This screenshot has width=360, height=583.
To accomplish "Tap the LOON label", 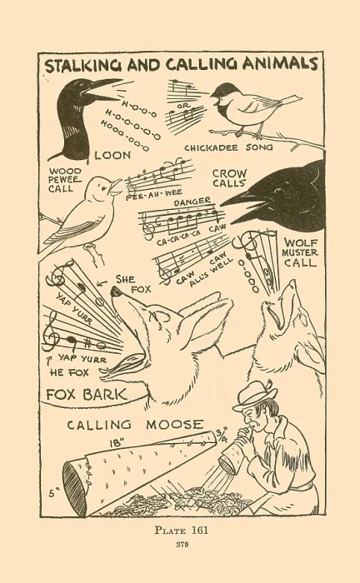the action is coord(112,155).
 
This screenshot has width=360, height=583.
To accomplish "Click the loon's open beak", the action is coord(102,90).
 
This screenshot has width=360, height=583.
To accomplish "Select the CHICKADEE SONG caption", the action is coord(228,147).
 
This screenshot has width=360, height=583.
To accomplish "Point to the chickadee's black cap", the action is coord(225,90).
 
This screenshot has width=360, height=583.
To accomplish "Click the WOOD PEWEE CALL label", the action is coord(66,180).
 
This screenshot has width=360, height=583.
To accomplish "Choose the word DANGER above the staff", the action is coord(192,202).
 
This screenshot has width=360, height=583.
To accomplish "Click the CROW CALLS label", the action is coord(229,178).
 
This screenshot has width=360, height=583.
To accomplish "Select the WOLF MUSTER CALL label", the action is coord(300,253).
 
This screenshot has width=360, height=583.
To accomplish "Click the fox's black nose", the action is coord(116,291).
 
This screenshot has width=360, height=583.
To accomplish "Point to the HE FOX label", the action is coord(69,372).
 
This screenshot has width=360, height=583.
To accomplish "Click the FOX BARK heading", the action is coord(87,395).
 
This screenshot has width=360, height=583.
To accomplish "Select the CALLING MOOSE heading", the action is coord(135,425).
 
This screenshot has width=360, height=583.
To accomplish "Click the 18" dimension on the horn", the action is coord(117,443).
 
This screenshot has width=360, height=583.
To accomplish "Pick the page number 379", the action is coord(182,545).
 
